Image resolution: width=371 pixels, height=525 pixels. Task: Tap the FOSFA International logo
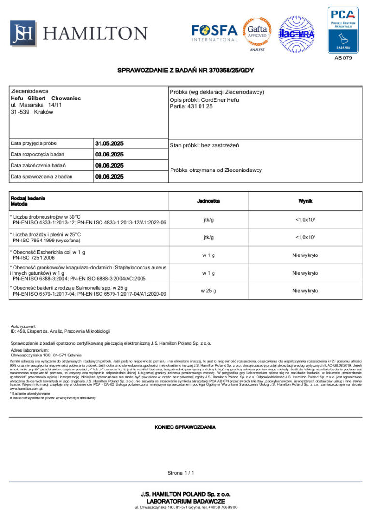(214, 33)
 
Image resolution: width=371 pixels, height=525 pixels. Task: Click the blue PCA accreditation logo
(343, 29)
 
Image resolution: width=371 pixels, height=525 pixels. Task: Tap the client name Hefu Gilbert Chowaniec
(45, 98)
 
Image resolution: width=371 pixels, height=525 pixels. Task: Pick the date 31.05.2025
(109, 143)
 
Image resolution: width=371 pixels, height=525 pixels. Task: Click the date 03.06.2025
(109, 155)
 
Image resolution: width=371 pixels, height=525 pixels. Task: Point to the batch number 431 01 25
(200, 106)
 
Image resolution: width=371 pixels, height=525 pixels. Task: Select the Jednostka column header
(209, 201)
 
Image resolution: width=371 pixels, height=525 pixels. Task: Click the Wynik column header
(305, 201)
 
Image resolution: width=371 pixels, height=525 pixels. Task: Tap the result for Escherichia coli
(305, 255)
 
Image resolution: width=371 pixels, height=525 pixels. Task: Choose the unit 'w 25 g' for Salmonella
(209, 291)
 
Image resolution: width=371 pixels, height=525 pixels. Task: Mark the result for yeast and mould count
(305, 237)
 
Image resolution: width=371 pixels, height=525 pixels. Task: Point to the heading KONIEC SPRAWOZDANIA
(185, 427)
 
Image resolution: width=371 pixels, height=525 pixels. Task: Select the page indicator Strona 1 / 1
(181, 473)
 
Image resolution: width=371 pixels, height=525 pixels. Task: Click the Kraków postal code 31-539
(20, 112)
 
